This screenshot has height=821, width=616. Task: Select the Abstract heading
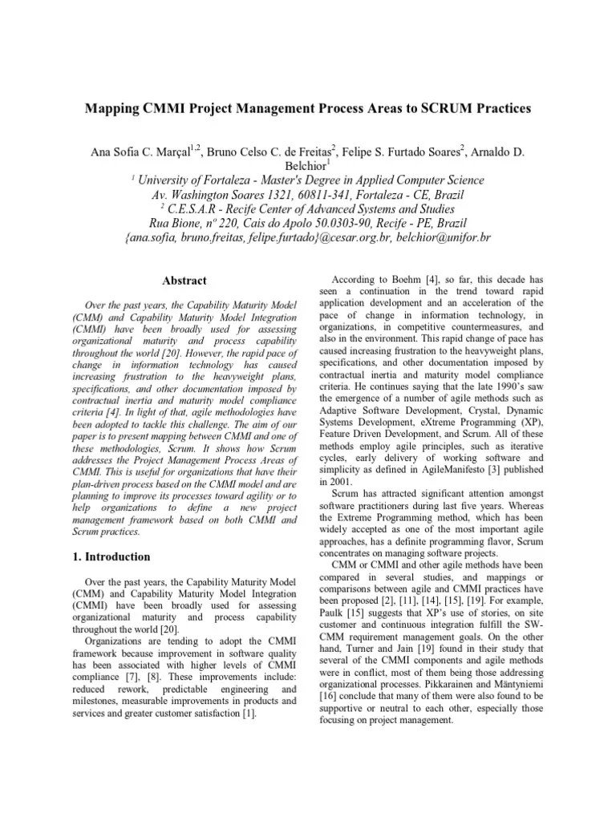pyautogui.click(x=184, y=281)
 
